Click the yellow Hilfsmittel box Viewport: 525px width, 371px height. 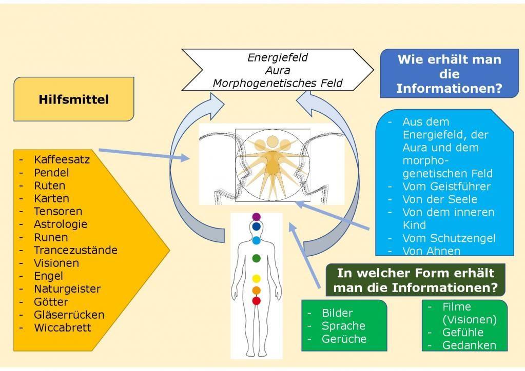73,99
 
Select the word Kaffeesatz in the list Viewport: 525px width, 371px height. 62,159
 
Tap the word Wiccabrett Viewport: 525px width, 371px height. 62,327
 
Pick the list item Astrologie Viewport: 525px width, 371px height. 60,224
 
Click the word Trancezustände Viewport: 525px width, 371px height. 75,250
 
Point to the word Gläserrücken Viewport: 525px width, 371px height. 69,315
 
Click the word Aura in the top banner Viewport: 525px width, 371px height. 277,70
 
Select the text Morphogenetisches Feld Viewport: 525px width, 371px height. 277,83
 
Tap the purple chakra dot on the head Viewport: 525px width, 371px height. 257,217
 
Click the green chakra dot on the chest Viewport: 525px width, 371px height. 257,258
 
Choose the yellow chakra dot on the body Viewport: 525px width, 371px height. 257,279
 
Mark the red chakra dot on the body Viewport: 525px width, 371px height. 257,301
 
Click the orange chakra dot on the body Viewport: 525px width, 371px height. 257,291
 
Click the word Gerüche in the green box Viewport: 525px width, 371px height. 344,339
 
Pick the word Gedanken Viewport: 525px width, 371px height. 469,345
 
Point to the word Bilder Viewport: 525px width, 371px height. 337,313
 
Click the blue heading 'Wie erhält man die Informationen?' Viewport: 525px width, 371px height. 449,74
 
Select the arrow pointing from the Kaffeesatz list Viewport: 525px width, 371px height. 144,155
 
